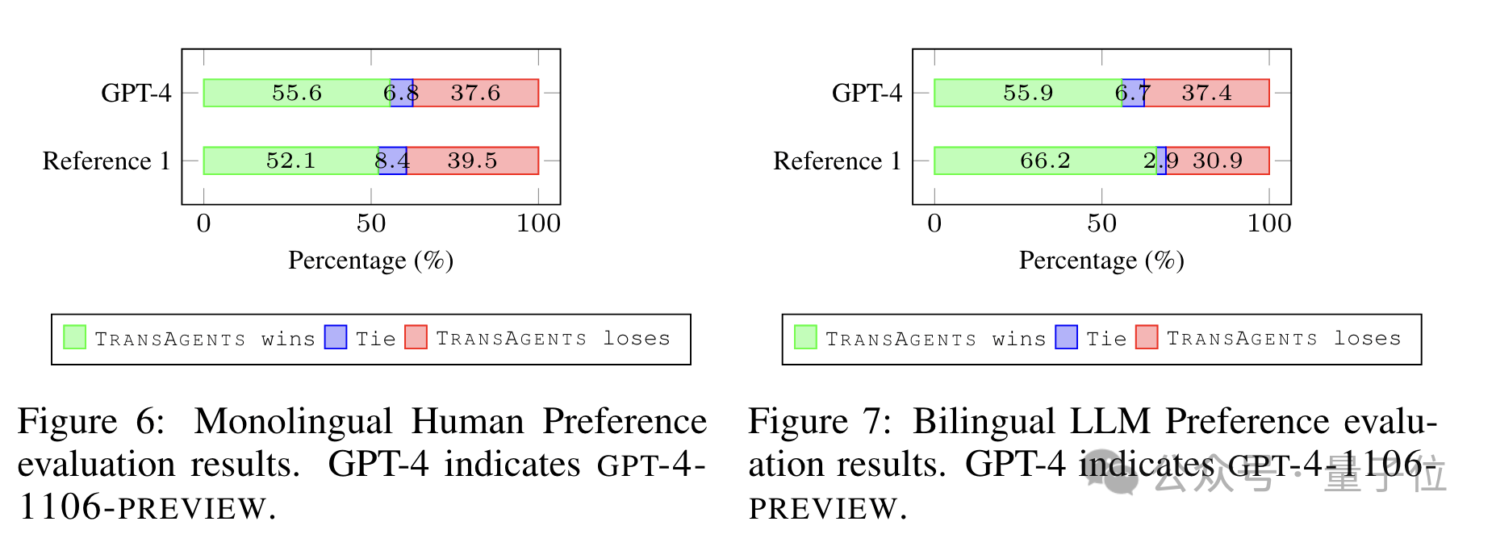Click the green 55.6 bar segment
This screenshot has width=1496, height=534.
(297, 93)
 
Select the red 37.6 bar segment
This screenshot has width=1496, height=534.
(476, 93)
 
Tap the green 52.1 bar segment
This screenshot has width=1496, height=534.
(291, 161)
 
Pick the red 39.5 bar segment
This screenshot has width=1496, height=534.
(473, 161)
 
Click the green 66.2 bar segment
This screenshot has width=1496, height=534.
(1045, 161)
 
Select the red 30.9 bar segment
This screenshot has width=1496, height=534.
(1218, 161)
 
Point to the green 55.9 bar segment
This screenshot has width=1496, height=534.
(1028, 93)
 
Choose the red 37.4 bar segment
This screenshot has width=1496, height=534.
(1207, 93)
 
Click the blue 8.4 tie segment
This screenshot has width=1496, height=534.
(393, 161)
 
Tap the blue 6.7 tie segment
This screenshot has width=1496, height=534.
(1133, 93)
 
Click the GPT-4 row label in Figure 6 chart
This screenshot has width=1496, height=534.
(136, 93)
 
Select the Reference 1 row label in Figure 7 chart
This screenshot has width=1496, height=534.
(837, 161)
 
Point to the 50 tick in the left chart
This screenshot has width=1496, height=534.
(371, 223)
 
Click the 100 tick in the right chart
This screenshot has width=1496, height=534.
(1269, 223)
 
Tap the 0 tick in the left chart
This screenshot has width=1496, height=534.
(203, 223)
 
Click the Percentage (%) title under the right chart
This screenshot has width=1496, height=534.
(1101, 260)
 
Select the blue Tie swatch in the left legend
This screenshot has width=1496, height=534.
(336, 337)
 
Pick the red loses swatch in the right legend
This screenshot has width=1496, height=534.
(1147, 337)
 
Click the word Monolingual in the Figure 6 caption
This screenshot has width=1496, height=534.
(294, 422)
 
